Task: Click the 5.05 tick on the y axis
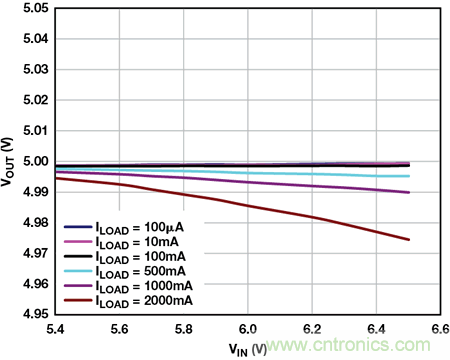(36, 8)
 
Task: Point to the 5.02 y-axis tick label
(36, 100)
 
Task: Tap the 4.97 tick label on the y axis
(36, 253)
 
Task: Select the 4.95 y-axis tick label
(36, 314)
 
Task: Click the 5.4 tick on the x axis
(55, 329)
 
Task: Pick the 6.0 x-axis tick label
(248, 329)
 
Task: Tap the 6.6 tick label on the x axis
(440, 329)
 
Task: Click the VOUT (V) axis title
(7, 162)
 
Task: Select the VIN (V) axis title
(248, 350)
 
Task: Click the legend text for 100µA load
(140, 228)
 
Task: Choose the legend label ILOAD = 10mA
(137, 243)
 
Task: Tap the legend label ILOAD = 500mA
(141, 272)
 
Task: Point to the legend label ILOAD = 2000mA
(144, 301)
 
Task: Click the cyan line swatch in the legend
(78, 271)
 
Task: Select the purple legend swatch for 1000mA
(78, 286)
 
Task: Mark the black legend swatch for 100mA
(78, 256)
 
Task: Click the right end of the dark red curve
(409, 239)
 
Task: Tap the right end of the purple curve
(409, 192)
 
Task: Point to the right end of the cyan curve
(409, 176)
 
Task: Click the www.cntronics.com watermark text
(349, 345)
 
